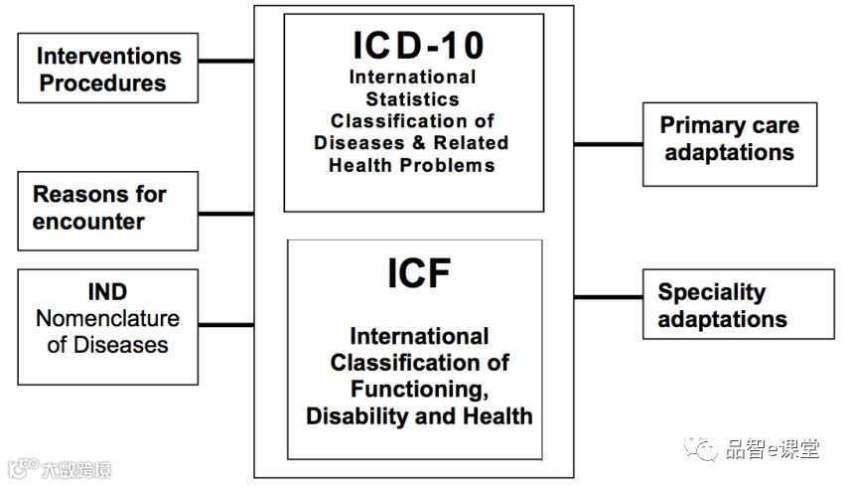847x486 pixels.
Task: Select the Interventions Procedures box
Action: [x=108, y=69]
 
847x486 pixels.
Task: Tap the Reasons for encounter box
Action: [x=108, y=209]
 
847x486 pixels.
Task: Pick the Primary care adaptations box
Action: [x=729, y=140]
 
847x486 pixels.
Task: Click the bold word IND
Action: [x=107, y=292]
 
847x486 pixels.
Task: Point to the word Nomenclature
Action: [x=107, y=319]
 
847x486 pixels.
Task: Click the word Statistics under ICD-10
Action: [x=412, y=99]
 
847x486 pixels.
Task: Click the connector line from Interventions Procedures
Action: [x=226, y=62]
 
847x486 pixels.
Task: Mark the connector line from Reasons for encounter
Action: [x=226, y=213]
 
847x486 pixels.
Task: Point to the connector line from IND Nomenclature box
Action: [x=226, y=324]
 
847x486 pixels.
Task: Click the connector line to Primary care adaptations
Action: [x=608, y=144]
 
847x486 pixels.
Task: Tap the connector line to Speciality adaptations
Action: [x=608, y=297]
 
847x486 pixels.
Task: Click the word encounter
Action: [x=88, y=222]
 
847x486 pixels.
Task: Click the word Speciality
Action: [x=711, y=292]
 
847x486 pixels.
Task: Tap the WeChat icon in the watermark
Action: [x=705, y=450]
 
